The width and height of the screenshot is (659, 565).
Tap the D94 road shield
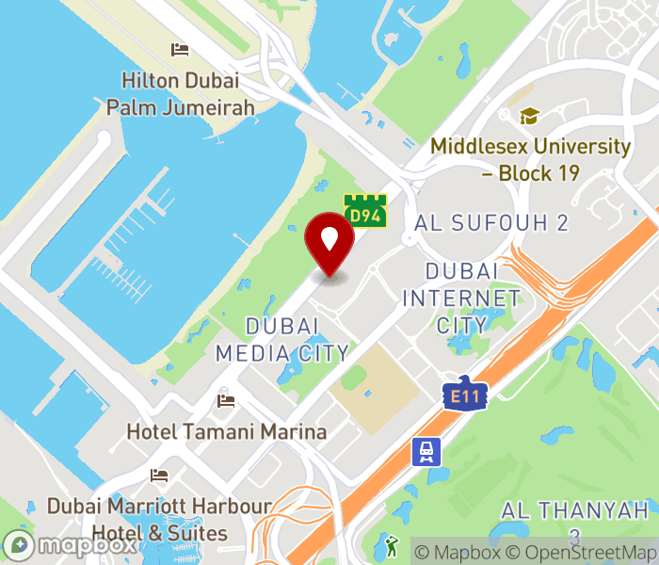(x=365, y=211)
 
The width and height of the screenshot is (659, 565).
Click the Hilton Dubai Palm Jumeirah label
(x=180, y=94)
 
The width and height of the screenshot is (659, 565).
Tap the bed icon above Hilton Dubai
(x=180, y=50)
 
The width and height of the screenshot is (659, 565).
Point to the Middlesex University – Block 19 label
(x=531, y=160)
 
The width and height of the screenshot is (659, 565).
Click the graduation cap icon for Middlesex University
(x=530, y=117)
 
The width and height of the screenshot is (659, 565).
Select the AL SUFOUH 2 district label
(x=492, y=223)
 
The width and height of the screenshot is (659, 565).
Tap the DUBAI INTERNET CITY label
(x=461, y=298)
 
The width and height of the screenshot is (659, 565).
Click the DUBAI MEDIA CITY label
(x=282, y=339)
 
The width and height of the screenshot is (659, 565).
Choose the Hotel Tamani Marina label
(x=227, y=432)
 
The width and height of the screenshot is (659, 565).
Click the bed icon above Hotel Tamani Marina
(x=226, y=401)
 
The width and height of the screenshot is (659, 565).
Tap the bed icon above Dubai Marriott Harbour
(x=159, y=475)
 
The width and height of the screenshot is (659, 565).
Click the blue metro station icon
(x=425, y=452)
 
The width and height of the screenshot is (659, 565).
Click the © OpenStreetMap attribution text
(x=580, y=553)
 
